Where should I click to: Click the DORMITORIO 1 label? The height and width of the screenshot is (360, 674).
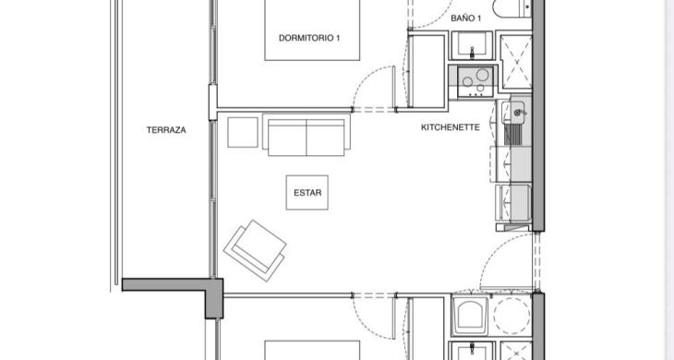click(309, 38)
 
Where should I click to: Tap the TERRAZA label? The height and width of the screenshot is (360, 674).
click(166, 130)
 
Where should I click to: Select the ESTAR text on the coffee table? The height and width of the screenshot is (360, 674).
click(307, 193)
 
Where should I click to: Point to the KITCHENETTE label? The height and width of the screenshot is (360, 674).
click(450, 127)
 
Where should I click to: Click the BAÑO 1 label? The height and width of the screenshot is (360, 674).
click(465, 18)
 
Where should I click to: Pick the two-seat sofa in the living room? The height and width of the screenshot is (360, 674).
click(306, 135)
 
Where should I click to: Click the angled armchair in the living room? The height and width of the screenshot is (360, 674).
click(255, 250)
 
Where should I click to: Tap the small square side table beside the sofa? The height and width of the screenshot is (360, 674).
click(243, 132)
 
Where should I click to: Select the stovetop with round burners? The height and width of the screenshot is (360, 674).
click(475, 81)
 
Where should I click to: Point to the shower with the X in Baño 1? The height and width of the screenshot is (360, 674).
click(516, 62)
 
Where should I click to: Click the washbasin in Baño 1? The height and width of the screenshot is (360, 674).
click(472, 45)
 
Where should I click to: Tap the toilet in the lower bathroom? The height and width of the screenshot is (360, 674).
click(469, 316)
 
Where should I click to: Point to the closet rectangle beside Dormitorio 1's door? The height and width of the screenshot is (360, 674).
click(426, 71)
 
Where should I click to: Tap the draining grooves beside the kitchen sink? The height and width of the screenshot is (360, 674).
click(512, 135)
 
